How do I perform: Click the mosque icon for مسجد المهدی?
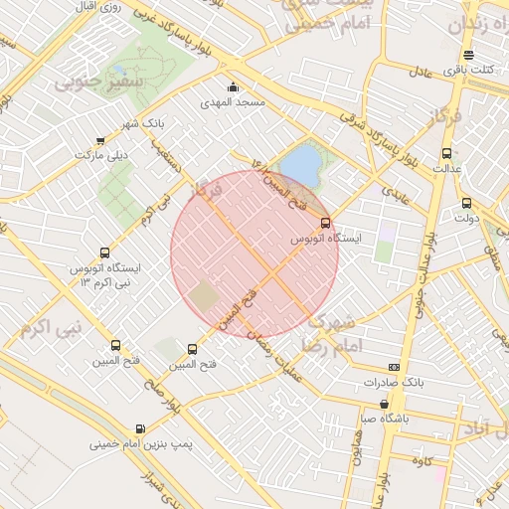pyautogui.click(x=233, y=87)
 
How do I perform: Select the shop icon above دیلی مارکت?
pyautogui.click(x=99, y=141)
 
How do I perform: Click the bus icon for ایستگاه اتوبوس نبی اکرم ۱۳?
pyautogui.click(x=105, y=254)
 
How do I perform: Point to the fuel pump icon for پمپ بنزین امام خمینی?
pyautogui.click(x=139, y=429)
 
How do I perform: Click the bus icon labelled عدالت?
pyautogui.click(x=445, y=153)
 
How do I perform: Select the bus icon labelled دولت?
pyautogui.click(x=467, y=203)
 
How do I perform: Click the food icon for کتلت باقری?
pyautogui.click(x=468, y=55)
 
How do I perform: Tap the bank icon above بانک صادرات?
pyautogui.click(x=394, y=367)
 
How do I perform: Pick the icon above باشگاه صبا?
pyautogui.click(x=385, y=404)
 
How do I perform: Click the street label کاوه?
pyautogui.click(x=427, y=461)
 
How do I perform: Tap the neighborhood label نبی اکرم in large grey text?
pyautogui.click(x=48, y=326)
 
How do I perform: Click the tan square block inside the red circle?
pyautogui.click(x=204, y=295)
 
